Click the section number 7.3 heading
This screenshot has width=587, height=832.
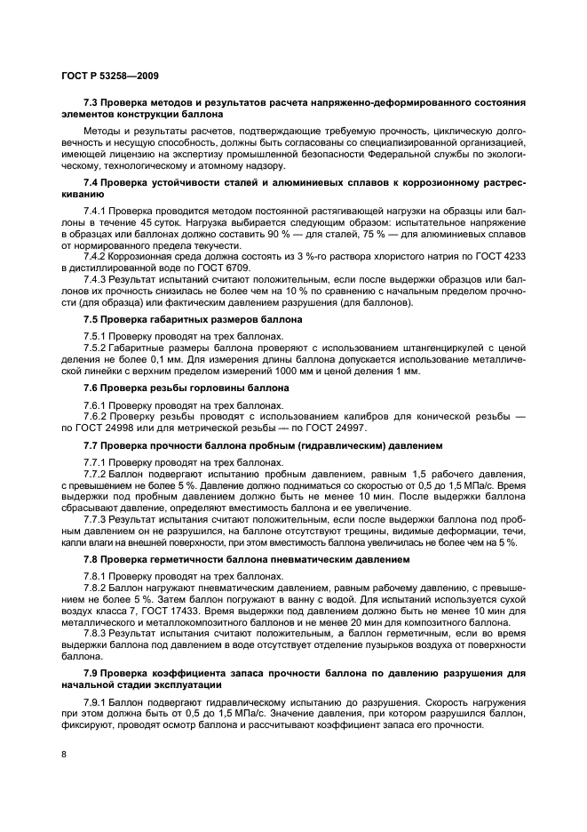point(92,103)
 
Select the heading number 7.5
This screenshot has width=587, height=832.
point(92,319)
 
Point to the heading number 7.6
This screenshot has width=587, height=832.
point(92,389)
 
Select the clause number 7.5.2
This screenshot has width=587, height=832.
point(97,349)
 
